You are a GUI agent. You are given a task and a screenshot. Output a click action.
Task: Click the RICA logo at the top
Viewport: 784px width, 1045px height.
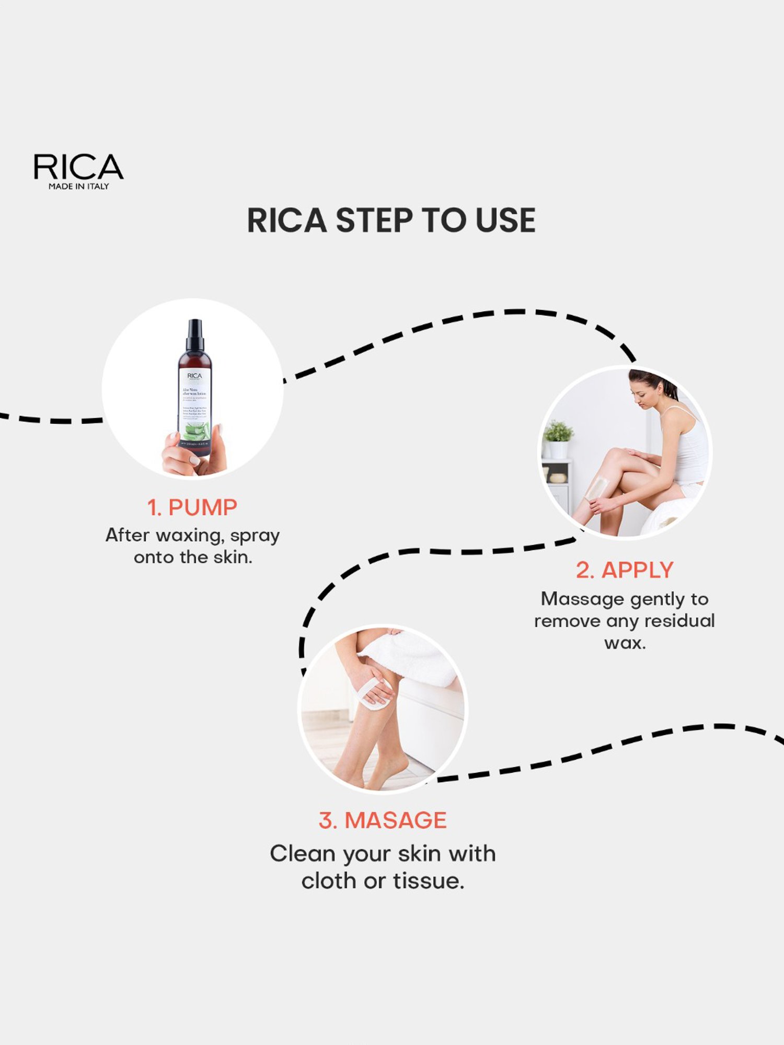[x=78, y=167]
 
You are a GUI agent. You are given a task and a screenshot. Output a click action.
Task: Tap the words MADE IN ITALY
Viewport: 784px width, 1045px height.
[x=78, y=187]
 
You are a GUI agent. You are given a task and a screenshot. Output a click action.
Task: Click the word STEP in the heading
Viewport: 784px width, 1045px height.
[x=374, y=220]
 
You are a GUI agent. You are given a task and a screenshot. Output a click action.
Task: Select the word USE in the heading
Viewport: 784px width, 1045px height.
[x=505, y=220]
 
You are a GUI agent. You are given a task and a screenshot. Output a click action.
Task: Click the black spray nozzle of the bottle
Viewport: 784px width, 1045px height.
[x=195, y=334]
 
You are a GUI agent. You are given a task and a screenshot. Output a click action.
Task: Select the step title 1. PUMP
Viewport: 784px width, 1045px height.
[x=192, y=508]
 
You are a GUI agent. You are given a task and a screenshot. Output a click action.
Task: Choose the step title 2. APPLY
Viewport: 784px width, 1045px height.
[x=625, y=570]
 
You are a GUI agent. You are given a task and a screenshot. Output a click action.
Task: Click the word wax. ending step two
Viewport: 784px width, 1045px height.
[x=625, y=643]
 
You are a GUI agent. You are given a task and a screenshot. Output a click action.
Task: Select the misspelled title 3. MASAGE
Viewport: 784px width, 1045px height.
[x=383, y=820]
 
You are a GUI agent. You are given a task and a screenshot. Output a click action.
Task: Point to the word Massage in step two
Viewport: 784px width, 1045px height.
[x=575, y=599]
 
